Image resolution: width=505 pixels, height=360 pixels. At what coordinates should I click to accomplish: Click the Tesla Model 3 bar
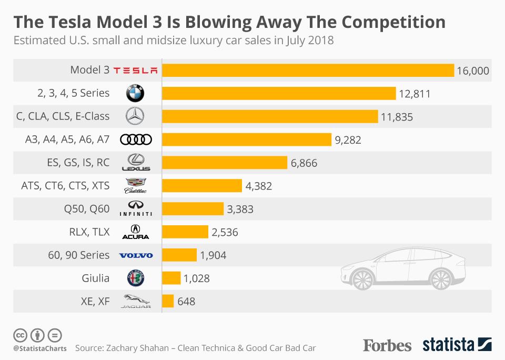[x=308, y=71]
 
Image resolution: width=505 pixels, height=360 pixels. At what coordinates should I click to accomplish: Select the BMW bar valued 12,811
[x=279, y=94]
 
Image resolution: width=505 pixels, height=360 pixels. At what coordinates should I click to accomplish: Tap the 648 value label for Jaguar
[x=186, y=302]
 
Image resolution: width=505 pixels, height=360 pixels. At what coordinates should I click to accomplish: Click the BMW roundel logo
[x=135, y=94]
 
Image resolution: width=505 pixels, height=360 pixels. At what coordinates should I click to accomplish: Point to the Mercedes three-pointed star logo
[x=135, y=116]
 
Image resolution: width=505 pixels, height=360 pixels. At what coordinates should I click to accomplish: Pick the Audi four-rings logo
[x=136, y=139]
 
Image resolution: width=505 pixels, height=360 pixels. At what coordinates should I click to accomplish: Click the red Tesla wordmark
[x=135, y=71]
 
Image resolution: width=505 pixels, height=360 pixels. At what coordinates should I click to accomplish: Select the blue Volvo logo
[x=136, y=255]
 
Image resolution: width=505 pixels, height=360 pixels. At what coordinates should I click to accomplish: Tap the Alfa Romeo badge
[x=135, y=278]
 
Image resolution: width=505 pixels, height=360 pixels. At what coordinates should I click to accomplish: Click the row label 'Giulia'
[x=95, y=278]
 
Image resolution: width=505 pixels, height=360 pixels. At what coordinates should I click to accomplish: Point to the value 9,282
[x=348, y=140]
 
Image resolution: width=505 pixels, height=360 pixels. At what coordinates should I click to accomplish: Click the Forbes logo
[x=387, y=345]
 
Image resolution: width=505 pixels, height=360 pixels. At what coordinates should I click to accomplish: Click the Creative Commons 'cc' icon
[x=20, y=335]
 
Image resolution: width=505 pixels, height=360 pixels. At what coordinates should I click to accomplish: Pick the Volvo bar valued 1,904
[x=179, y=255]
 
